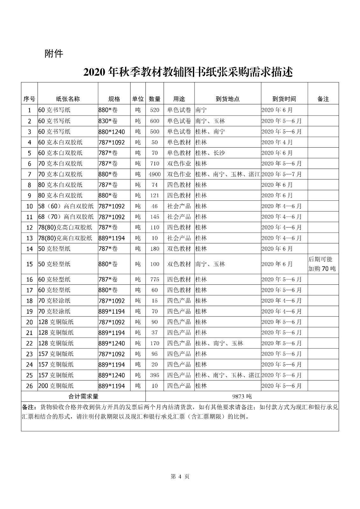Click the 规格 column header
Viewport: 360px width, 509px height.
tap(114, 99)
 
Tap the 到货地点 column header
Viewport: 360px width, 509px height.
tap(227, 99)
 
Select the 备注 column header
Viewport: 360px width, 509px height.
tap(323, 99)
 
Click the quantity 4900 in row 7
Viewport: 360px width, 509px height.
tap(155, 174)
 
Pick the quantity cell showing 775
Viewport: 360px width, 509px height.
tap(155, 280)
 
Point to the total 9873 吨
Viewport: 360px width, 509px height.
tap(242, 396)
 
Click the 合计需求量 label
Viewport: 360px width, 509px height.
tap(83, 396)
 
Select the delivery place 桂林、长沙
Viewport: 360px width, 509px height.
tap(210, 153)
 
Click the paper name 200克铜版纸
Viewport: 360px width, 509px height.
tap(56, 386)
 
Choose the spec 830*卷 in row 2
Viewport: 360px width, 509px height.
tap(108, 121)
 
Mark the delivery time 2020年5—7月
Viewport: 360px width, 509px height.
tap(281, 174)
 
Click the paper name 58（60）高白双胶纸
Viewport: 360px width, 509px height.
tap(66, 206)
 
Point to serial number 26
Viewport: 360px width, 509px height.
tap(29, 386)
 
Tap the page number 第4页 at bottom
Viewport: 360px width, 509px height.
tap(180, 476)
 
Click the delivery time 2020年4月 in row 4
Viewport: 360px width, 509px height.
tap(277, 142)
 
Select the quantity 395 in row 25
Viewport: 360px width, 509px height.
tap(155, 375)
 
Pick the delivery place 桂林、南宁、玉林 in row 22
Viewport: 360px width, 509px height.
tap(219, 343)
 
